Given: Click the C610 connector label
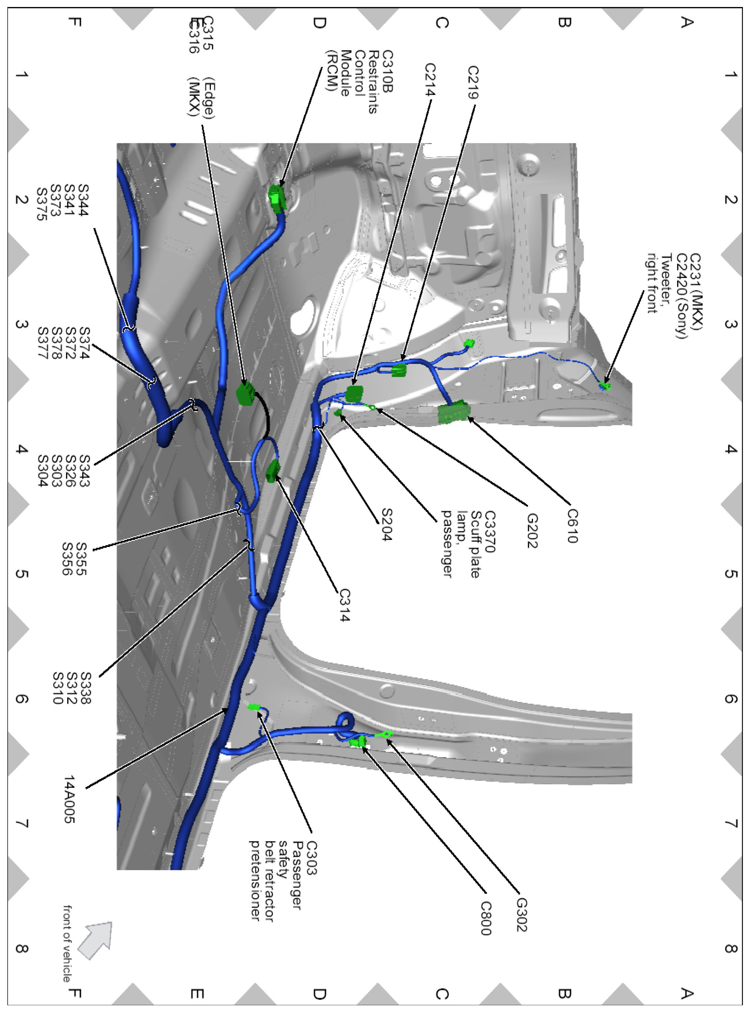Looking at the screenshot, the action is click(x=572, y=526).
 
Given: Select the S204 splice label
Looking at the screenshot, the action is click(x=386, y=525).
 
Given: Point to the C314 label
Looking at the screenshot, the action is click(x=344, y=605).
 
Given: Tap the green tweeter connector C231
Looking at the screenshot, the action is click(x=605, y=386).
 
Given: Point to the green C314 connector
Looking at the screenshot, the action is click(x=273, y=470).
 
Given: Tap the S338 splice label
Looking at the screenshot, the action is click(x=85, y=688).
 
